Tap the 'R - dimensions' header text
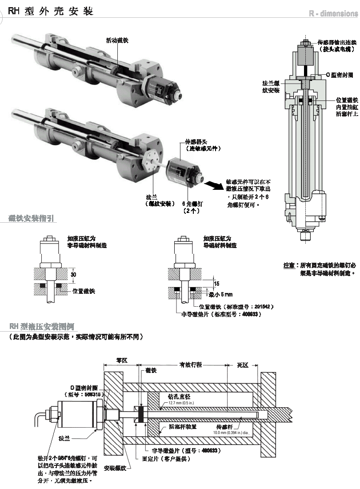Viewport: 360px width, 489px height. tap(333, 13)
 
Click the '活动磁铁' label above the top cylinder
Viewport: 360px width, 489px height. tap(117, 40)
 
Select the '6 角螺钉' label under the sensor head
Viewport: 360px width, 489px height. tap(192, 204)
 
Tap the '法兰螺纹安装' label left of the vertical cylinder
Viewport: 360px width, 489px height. tap(271, 87)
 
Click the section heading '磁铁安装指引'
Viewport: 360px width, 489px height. tap(31, 218)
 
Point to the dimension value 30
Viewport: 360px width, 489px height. tap(73, 275)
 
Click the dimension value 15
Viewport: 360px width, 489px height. tap(216, 283)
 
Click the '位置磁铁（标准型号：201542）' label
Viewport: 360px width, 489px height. tap(236, 306)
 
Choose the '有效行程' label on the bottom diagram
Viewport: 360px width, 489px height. tap(190, 365)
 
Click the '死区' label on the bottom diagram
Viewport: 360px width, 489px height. tap(242, 365)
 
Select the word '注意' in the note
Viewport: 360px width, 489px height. tap(289, 265)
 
